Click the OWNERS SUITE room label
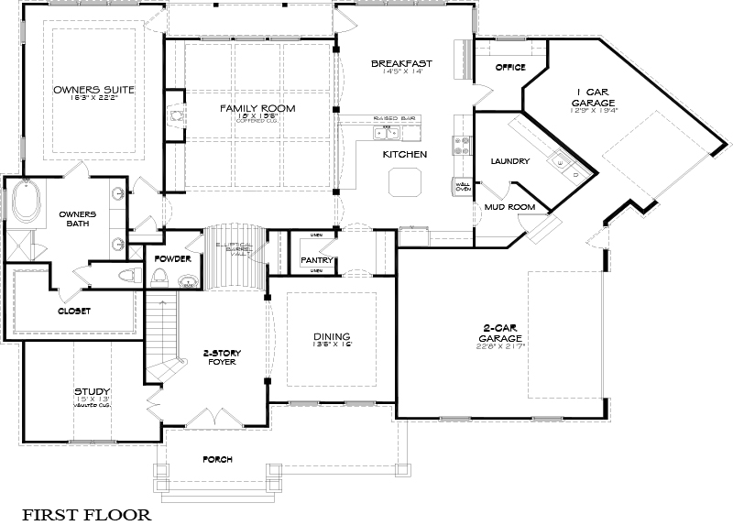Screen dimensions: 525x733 (93, 90)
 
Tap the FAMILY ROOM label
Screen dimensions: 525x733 (257, 109)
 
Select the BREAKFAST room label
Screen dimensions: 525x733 (401, 63)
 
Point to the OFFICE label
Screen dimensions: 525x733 (509, 68)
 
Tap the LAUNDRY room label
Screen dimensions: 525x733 (510, 161)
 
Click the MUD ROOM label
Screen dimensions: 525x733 (509, 207)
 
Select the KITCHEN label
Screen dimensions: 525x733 (405, 154)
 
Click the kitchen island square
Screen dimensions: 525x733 (404, 184)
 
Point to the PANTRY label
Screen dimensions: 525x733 (314, 260)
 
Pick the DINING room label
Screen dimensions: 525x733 (332, 335)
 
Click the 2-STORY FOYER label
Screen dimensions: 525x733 (221, 356)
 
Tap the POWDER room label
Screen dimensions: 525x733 (172, 259)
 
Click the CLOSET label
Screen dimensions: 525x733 (74, 311)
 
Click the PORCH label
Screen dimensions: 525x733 (218, 459)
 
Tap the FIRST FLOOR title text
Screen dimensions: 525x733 (87, 514)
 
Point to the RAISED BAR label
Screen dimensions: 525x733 (395, 119)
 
